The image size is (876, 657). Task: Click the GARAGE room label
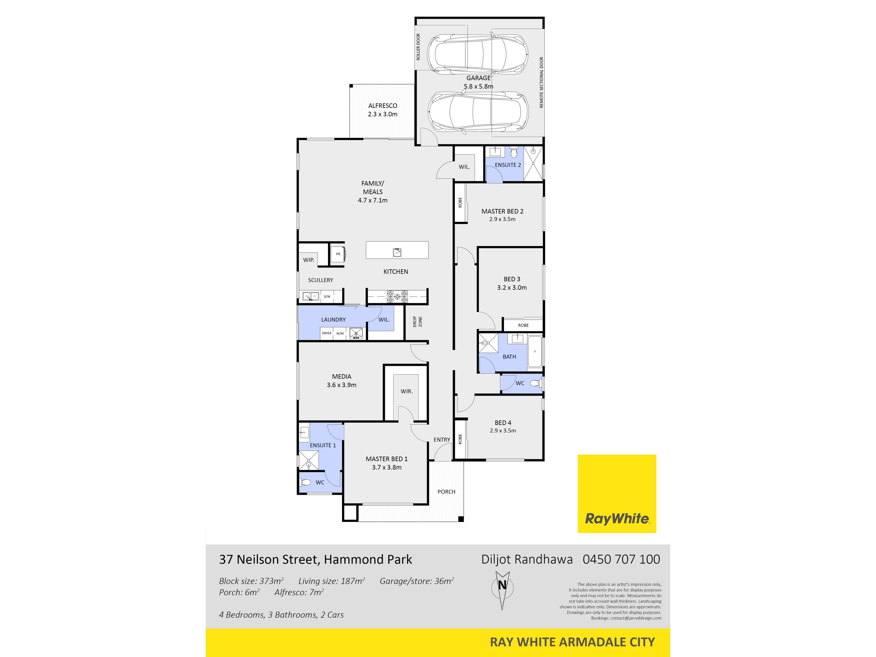click(x=478, y=78)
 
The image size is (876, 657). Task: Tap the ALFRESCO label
click(x=383, y=106)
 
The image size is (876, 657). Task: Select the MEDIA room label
click(x=341, y=377)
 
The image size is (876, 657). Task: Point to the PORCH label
click(x=446, y=492)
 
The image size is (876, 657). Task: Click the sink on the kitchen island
click(x=397, y=252)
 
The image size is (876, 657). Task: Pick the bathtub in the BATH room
click(x=535, y=352)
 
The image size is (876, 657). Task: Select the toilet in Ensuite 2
click(x=514, y=152)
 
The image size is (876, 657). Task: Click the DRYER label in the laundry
click(x=327, y=334)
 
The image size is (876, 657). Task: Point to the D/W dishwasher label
click(x=327, y=297)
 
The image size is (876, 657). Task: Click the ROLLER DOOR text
click(x=418, y=47)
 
